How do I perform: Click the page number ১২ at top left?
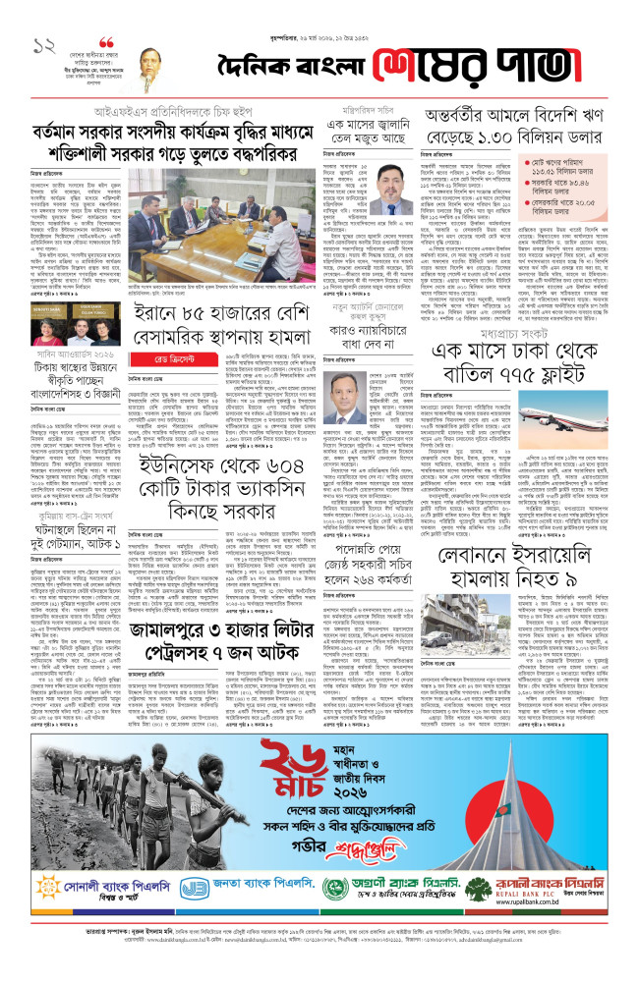[x=43, y=45]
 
